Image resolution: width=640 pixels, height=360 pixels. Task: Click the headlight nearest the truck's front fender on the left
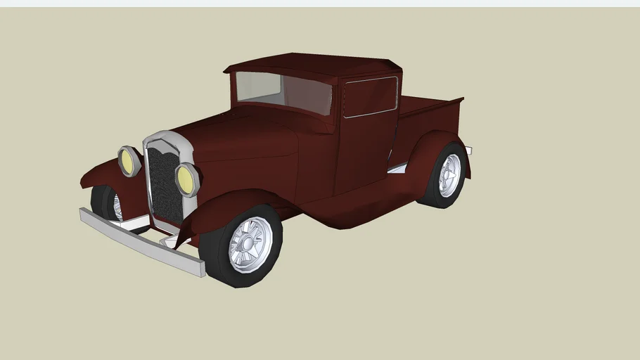click(x=129, y=161)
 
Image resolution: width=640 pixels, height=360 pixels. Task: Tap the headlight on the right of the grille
click(x=187, y=179)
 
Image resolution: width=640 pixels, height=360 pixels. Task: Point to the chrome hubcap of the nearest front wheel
click(x=250, y=244)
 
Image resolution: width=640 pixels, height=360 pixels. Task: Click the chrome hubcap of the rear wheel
click(x=449, y=175)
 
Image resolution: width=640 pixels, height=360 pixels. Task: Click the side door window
click(x=370, y=96)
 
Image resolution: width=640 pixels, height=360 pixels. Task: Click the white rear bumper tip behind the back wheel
click(x=468, y=150)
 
